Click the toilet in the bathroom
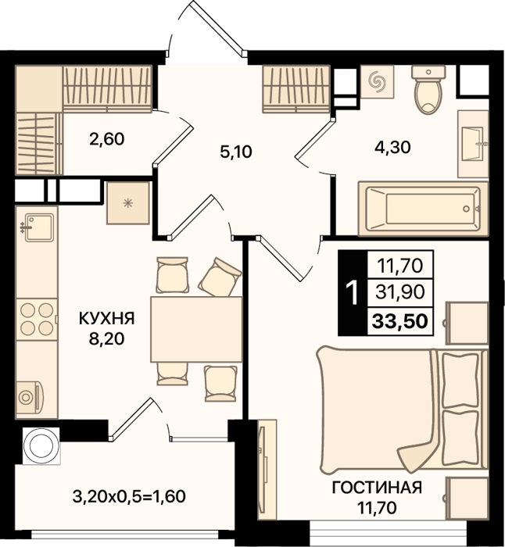(x=428, y=89)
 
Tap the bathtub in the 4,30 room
(x=424, y=209)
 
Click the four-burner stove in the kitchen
(x=37, y=319)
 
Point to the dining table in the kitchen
(x=196, y=329)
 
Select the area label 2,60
(x=107, y=139)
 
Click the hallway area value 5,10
(x=236, y=152)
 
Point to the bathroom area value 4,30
(x=392, y=147)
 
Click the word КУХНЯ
(x=107, y=319)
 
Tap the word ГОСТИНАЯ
(x=377, y=488)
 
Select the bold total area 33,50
(x=400, y=321)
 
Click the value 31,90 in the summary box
(x=400, y=292)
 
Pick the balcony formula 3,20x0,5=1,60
(x=129, y=496)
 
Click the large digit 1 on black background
(x=353, y=293)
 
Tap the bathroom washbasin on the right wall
(x=474, y=144)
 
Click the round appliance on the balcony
(x=41, y=446)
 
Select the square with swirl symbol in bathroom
(x=377, y=81)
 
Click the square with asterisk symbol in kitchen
(x=128, y=203)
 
